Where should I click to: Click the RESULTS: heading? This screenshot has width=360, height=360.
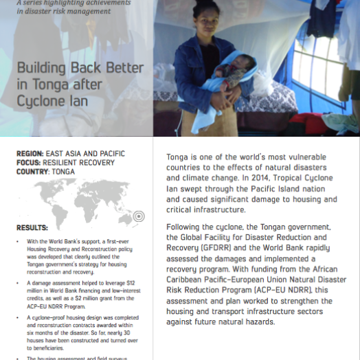tap(32, 227)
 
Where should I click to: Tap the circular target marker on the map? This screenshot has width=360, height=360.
tap(138, 216)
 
